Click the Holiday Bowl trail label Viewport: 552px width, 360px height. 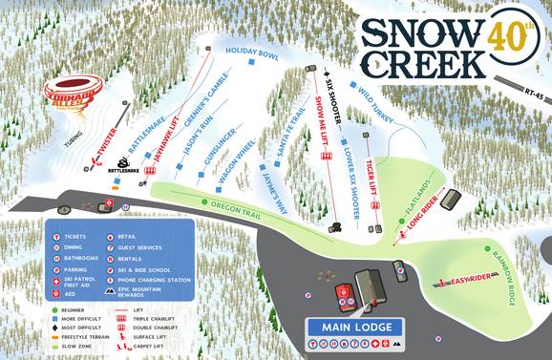pos(251,53)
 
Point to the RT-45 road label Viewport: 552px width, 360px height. pos(536,93)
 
